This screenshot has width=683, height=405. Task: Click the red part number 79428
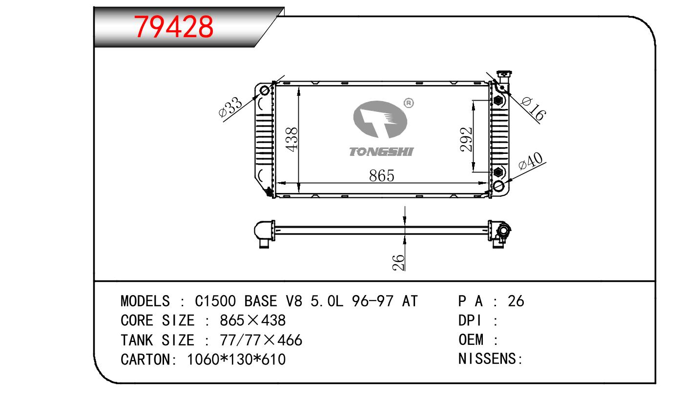174,27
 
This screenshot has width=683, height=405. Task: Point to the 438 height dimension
292,139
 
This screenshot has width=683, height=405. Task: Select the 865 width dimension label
381,175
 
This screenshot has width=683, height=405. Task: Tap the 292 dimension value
467,139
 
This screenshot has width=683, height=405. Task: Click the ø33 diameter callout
230,107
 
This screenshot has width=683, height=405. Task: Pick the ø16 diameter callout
533,108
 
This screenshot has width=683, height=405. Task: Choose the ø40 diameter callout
531,161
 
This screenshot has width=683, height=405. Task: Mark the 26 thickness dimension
398,262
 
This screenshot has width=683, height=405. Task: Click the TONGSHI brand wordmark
381,151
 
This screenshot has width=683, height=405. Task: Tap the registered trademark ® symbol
409,103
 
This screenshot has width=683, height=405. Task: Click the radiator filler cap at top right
504,74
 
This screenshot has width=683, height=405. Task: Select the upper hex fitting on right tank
498,100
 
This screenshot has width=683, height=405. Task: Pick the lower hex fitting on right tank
498,172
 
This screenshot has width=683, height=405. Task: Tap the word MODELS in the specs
145,301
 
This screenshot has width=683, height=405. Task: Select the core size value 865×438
253,320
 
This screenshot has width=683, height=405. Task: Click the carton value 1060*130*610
236,360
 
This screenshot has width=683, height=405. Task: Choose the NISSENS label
491,359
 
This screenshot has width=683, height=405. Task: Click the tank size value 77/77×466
261,340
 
